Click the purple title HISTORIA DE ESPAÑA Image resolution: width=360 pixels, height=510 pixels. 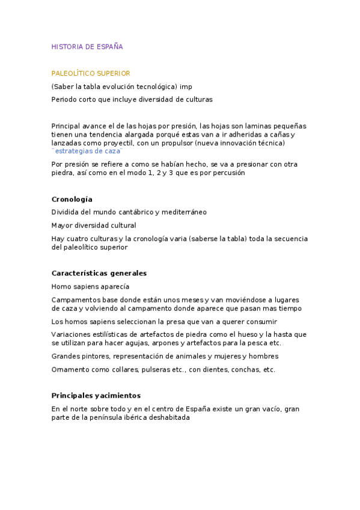click(87, 46)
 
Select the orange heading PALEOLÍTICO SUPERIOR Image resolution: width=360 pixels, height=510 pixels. click(90, 73)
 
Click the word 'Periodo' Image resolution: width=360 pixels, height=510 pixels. click(65, 99)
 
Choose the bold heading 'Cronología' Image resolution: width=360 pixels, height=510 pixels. click(72, 199)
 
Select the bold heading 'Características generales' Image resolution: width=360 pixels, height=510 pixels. click(99, 273)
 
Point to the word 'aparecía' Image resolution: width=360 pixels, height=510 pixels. click(115, 286)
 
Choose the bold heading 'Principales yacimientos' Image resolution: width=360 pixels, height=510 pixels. click(96, 395)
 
